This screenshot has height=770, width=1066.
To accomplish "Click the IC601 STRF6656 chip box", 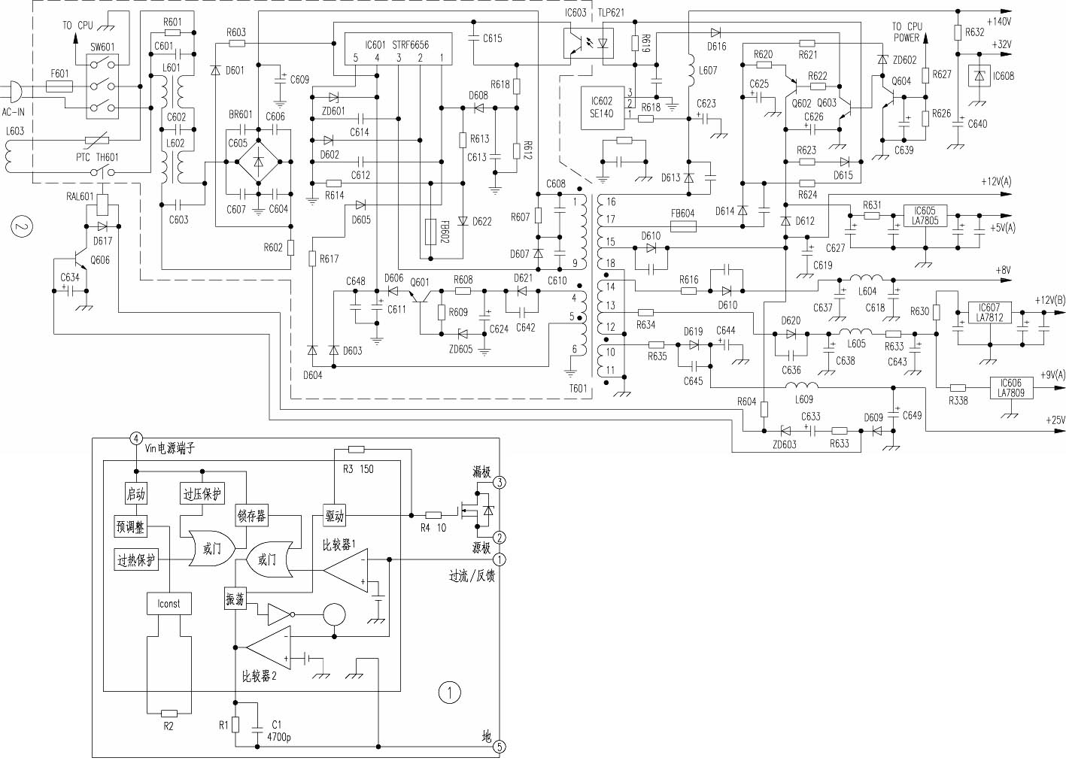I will pos(397,49).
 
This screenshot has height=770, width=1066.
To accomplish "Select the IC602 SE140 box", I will pos(602,108).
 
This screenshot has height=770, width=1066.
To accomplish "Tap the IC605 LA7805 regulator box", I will pos(925,216).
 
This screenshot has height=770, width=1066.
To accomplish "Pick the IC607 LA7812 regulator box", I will pos(989,313).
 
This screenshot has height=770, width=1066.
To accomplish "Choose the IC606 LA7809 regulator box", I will pos(1010,388).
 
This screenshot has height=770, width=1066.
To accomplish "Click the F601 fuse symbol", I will pos(59,86).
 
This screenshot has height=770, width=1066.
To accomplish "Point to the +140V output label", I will pos(999,22).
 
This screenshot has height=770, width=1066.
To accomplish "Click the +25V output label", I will pos(1055,420).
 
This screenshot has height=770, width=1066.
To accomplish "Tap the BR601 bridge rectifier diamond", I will pos(258,162).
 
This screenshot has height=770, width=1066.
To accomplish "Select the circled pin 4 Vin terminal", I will pos(136,438).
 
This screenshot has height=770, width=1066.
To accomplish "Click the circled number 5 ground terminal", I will pos(500,747).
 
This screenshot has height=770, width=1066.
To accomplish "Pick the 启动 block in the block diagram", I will pos(135,494).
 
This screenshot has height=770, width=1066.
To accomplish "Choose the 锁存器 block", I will pos(251,516).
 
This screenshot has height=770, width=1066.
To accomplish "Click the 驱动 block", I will pos(334,516).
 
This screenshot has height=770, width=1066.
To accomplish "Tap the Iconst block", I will pos(169,604).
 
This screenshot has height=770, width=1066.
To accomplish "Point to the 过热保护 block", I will pos(136,560).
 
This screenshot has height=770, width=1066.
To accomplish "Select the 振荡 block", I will pos(235,599).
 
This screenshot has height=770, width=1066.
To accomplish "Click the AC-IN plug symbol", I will pos(15,92).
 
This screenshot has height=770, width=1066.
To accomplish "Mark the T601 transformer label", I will pos(578,389).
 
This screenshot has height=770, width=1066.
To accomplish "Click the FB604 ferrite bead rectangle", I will pos(683,226).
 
